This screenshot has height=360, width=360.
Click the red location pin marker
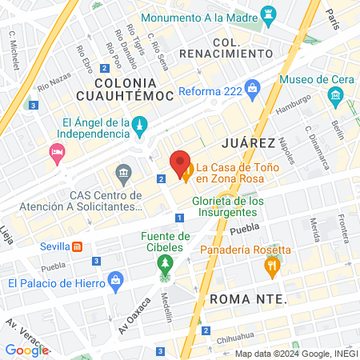pyautogui.click(x=180, y=164)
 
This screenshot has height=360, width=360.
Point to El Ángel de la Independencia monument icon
pyautogui.click(x=139, y=124)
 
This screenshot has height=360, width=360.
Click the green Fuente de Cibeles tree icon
pyautogui.click(x=166, y=263)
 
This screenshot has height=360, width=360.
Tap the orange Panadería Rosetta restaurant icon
pyautogui.click(x=273, y=266)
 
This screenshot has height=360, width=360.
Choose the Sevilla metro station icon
pyautogui.click(x=78, y=246)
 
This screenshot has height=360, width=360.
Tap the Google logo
pyautogui.click(x=26, y=350)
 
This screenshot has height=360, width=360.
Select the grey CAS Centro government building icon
pyautogui.click(x=123, y=172)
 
